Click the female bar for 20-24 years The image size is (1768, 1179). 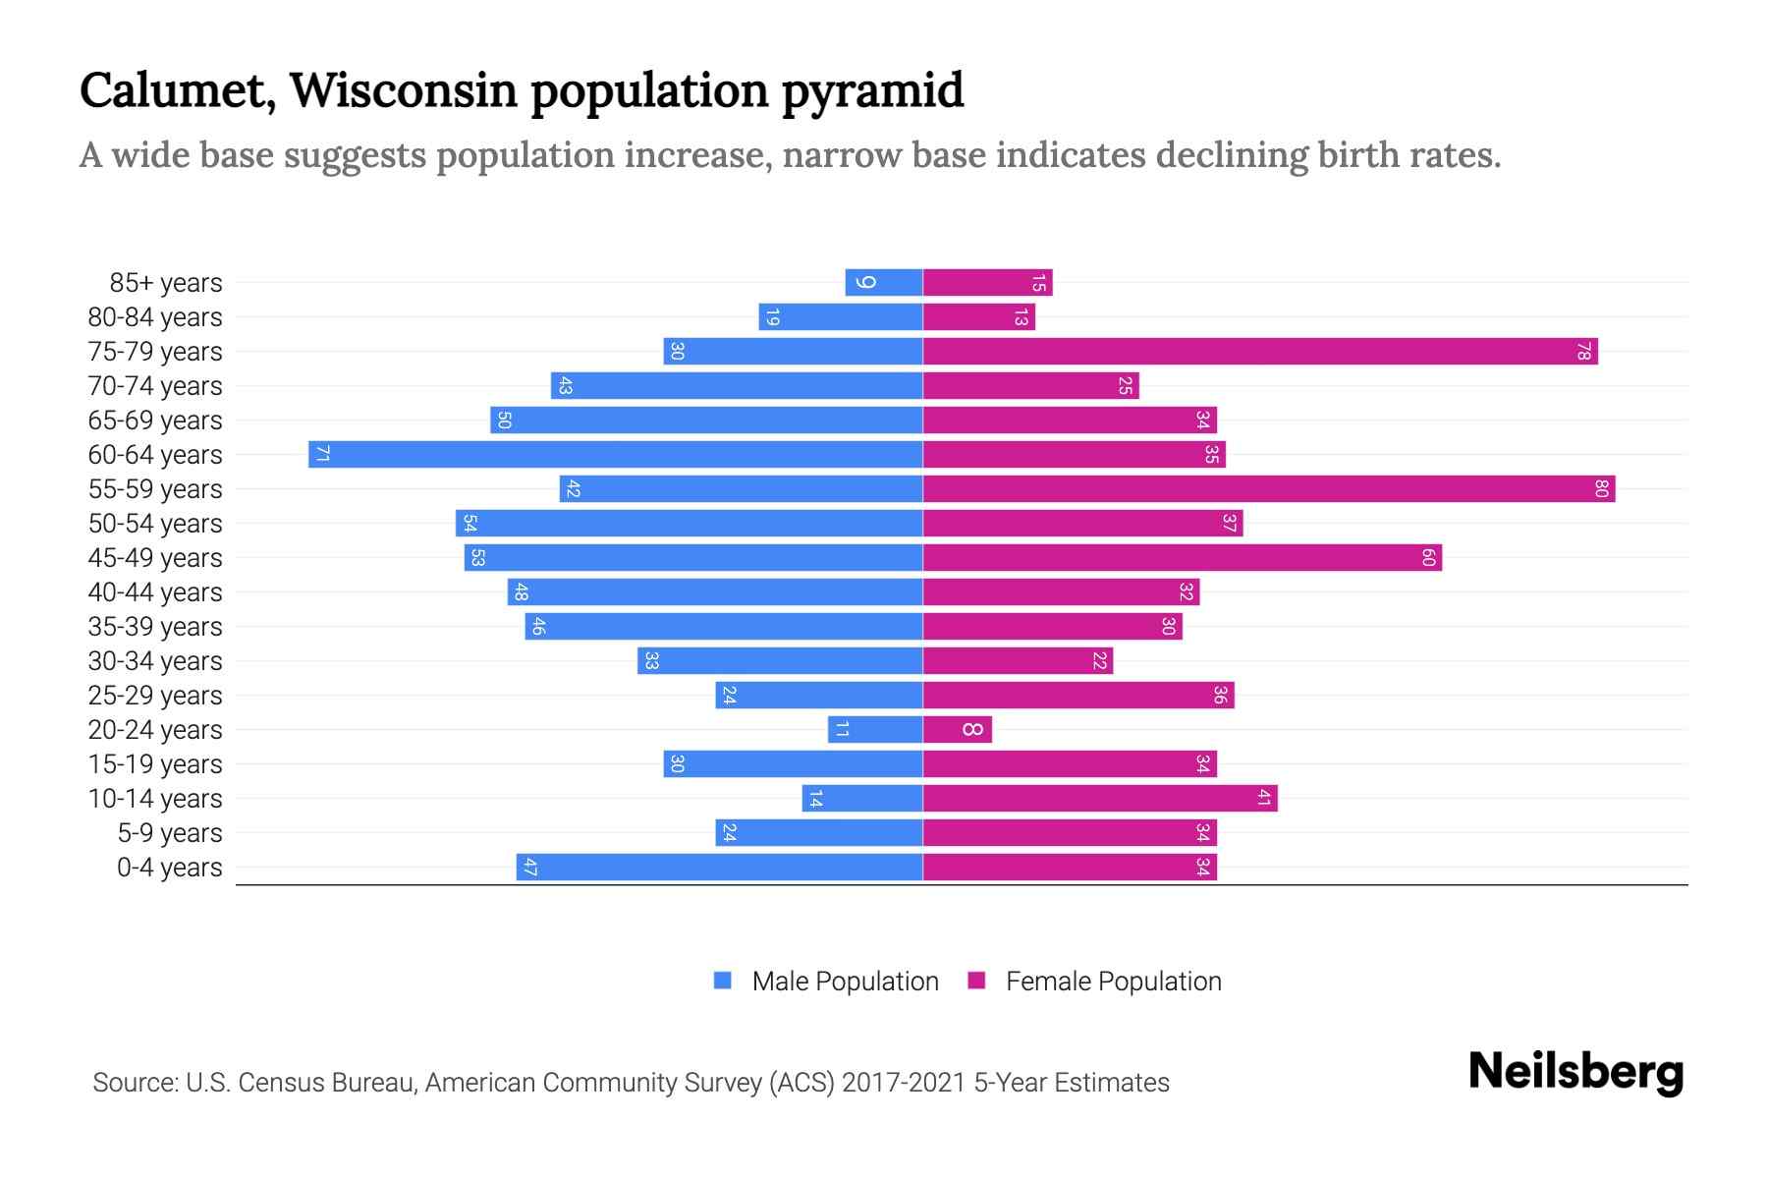click(958, 729)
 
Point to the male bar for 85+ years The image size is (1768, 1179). click(884, 282)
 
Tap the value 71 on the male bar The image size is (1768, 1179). click(322, 454)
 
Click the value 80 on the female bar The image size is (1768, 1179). click(1601, 488)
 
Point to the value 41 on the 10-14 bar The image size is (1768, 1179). click(1264, 798)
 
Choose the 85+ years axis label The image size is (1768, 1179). click(166, 283)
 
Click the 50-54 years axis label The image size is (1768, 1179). click(155, 524)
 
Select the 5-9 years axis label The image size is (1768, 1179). click(170, 833)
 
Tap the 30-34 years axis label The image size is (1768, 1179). click(155, 661)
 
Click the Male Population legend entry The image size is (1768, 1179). click(845, 981)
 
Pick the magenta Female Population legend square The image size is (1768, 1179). click(976, 980)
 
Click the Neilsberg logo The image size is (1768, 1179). click(1575, 1072)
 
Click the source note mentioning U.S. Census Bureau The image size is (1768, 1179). click(631, 1082)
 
